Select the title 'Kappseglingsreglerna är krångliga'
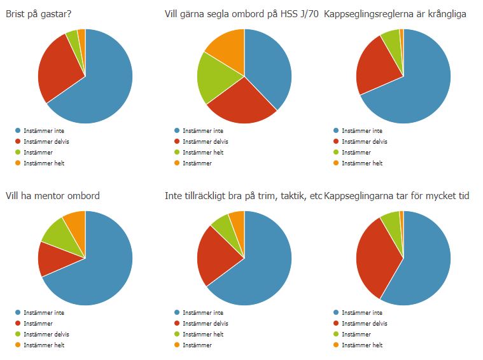(395, 14)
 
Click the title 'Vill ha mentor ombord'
(53, 196)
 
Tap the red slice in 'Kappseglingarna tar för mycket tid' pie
(377, 254)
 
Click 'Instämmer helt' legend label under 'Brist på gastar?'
(43, 163)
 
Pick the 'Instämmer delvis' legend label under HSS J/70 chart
(205, 142)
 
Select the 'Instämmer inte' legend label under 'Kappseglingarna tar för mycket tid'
(361, 313)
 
